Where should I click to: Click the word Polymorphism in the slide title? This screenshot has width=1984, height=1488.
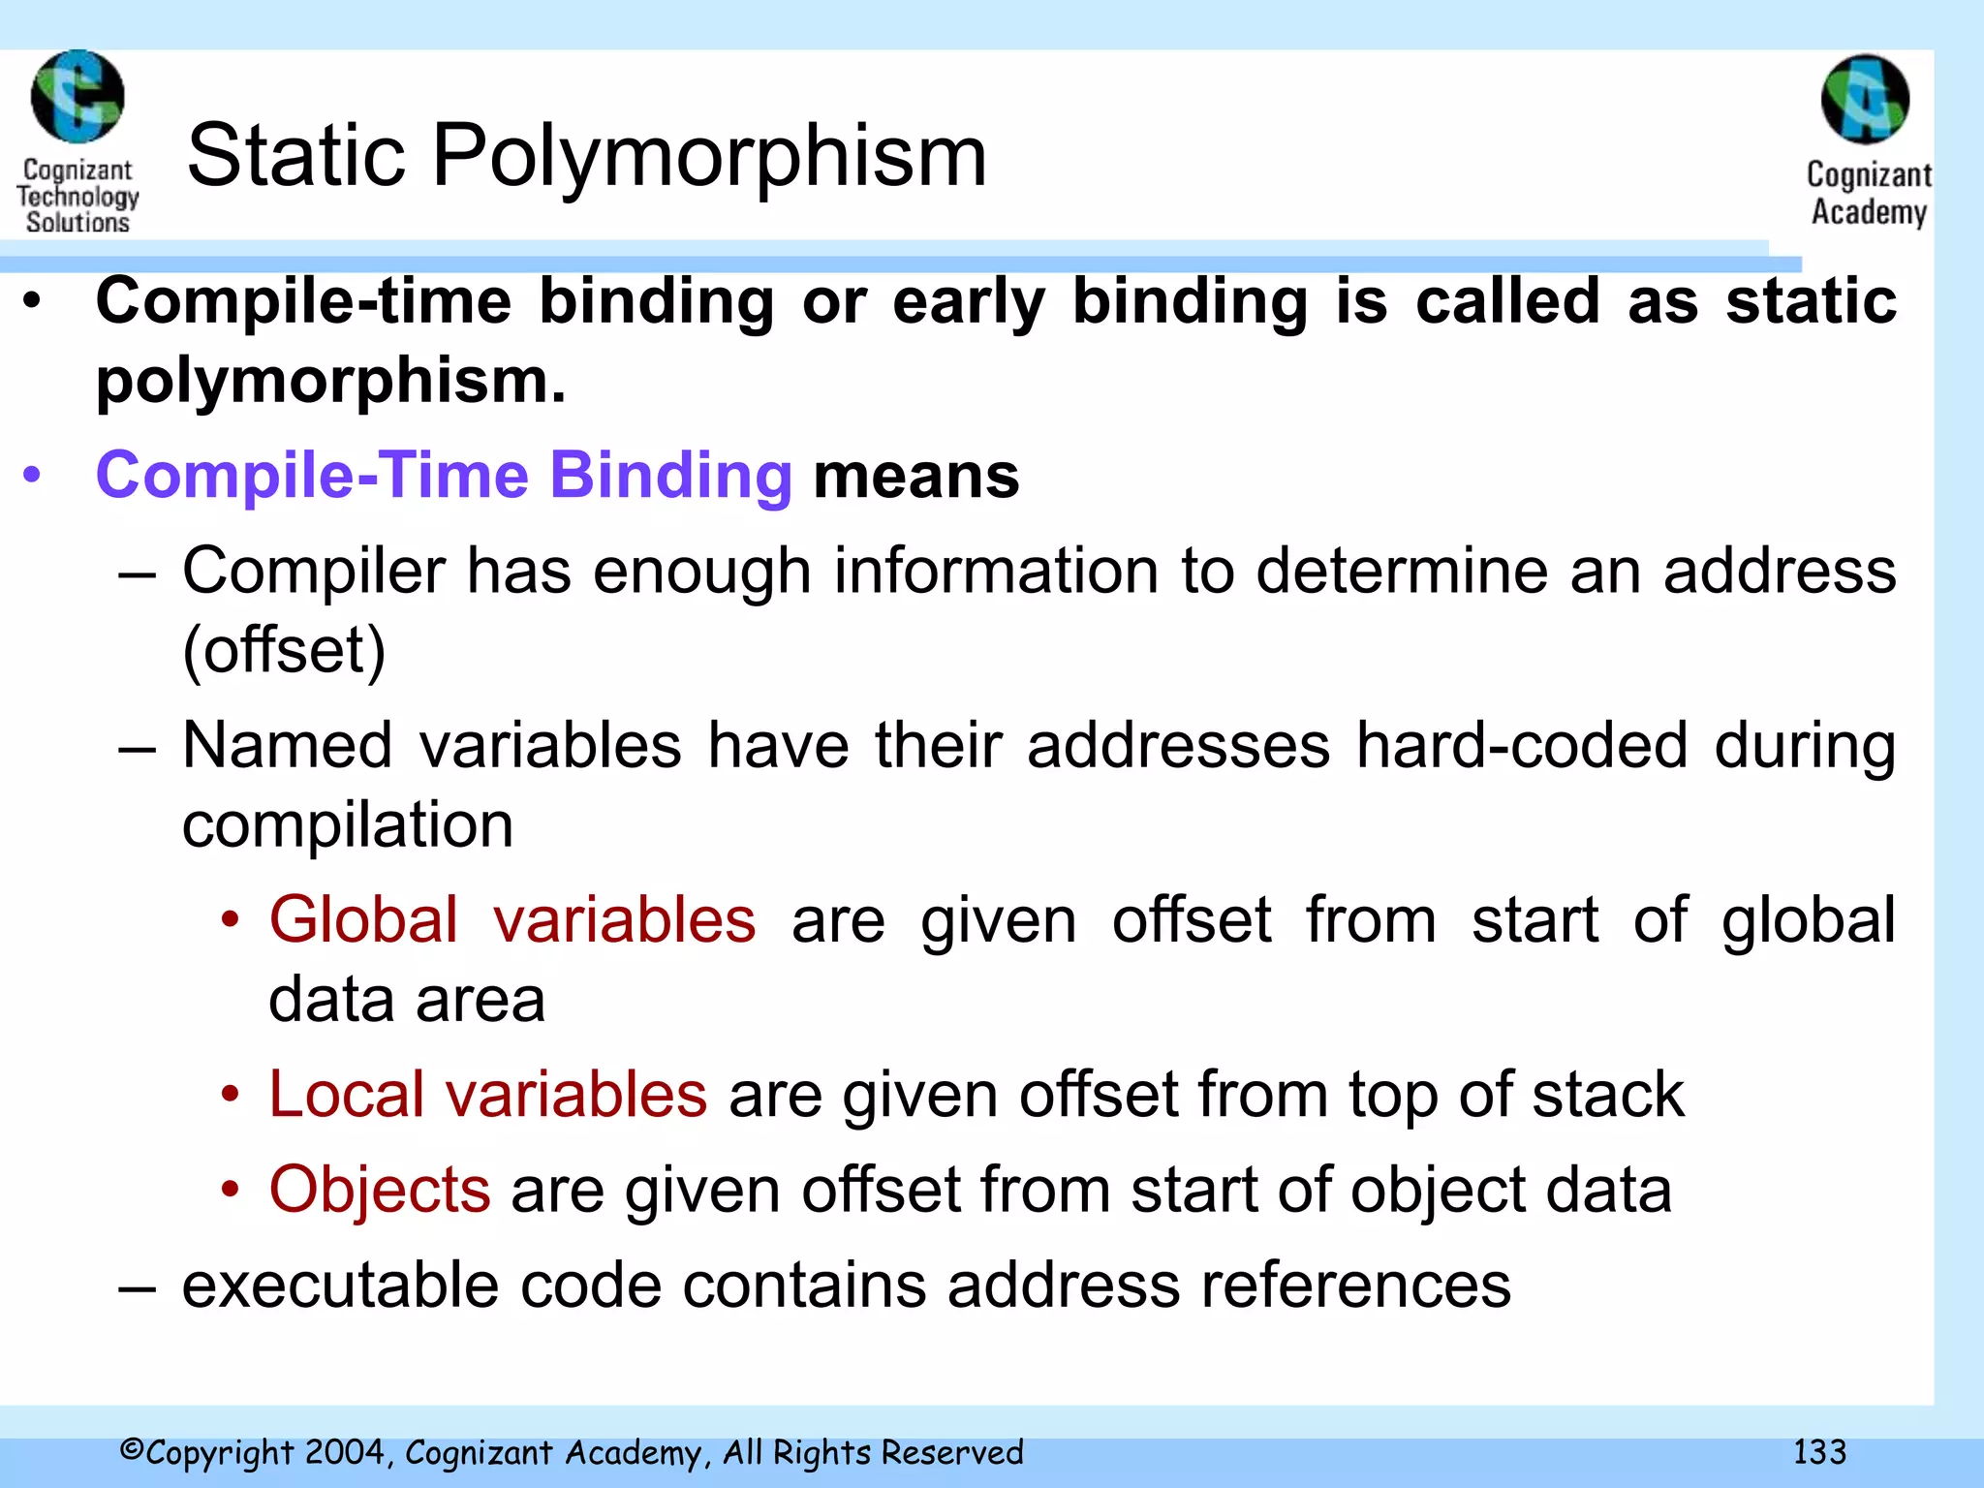point(708,157)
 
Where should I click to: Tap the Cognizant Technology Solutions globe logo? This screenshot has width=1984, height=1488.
point(77,97)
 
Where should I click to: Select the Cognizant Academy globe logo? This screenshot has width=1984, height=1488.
point(1865,99)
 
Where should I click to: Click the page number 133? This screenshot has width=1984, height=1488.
point(1819,1452)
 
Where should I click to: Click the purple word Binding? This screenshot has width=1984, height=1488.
point(670,476)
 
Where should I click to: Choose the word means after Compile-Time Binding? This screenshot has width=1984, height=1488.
point(915,476)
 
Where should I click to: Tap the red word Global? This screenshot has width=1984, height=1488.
point(363,919)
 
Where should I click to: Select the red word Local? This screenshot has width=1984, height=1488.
point(346,1095)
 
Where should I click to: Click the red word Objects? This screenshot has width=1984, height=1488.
point(380,1190)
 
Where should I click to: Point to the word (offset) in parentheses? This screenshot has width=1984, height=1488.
point(284,650)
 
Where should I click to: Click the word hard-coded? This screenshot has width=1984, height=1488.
point(1522,745)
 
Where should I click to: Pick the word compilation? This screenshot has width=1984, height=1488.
point(348,825)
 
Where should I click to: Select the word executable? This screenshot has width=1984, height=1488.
point(340,1286)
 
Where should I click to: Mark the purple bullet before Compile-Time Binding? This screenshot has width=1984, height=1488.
point(33,476)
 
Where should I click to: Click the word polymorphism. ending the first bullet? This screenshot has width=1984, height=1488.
point(330,381)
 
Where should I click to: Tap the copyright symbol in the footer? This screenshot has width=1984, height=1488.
point(132,1450)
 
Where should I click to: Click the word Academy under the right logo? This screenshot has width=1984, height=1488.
point(1869,212)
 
